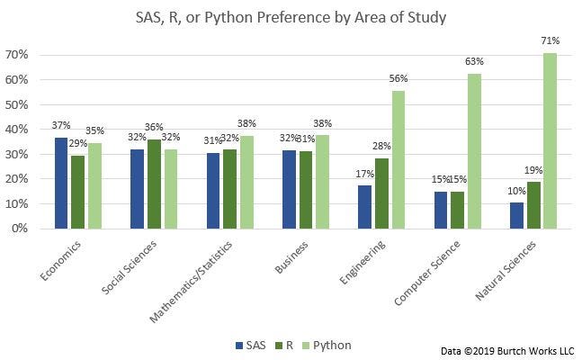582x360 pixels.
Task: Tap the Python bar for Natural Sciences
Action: [x=550, y=140]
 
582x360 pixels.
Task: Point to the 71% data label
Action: [x=551, y=40]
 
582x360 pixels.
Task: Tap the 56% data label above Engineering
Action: [x=398, y=78]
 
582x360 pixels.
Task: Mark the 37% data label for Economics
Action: [x=60, y=124]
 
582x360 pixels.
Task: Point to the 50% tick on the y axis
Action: [x=18, y=104]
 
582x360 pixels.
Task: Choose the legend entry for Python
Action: [x=327, y=345]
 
